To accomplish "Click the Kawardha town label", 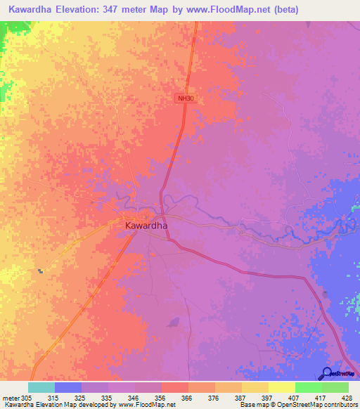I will point(146,226).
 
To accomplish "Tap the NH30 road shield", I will point(185,99).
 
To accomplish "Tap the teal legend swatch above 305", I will point(41,387).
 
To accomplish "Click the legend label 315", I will point(67,397).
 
